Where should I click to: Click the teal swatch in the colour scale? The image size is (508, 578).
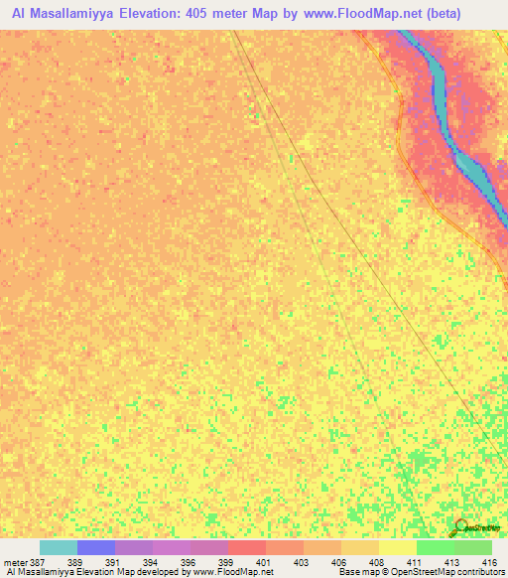(x=59, y=547)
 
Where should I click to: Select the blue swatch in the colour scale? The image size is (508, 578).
(x=96, y=547)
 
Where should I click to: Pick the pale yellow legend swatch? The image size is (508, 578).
(x=398, y=547)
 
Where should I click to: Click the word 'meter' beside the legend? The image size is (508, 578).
(x=17, y=561)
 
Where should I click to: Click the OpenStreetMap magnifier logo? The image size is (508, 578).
(x=461, y=528)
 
